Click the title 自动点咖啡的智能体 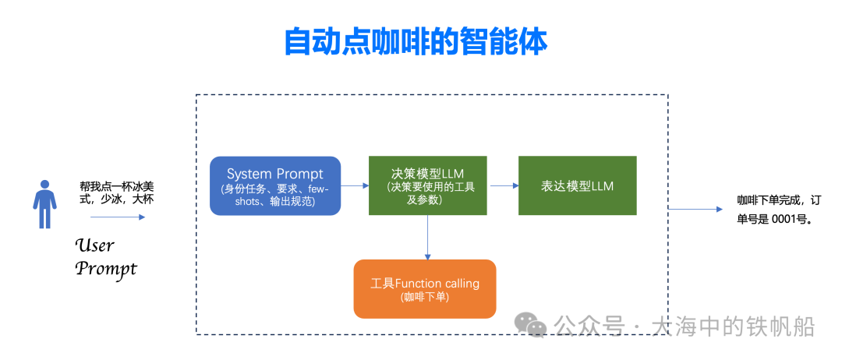[416, 42]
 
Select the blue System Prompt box [275, 185]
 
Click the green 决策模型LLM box [428, 185]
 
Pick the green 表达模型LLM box [577, 185]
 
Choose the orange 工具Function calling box [424, 288]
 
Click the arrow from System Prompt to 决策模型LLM [355, 185]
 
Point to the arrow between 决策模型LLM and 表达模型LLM [503, 185]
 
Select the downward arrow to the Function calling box [427, 237]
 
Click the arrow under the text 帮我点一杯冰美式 [118, 217]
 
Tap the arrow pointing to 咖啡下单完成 [697, 209]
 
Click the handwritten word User [94, 245]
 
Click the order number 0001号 [792, 219]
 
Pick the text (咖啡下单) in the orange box [424, 298]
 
